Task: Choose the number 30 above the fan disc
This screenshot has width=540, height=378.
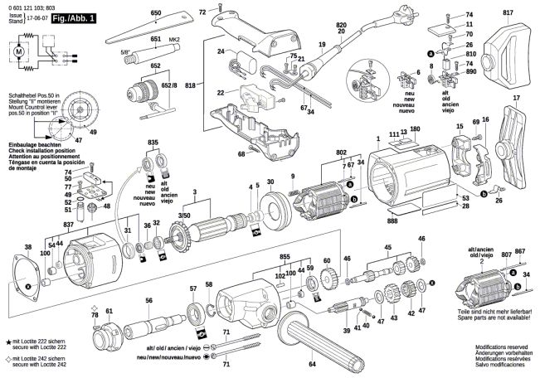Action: pos(270,182)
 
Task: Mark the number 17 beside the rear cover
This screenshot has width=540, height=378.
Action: pos(516,99)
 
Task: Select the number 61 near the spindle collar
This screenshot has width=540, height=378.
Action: pos(109,310)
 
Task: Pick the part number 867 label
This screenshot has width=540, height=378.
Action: pos(520,250)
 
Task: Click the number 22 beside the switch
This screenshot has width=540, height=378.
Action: pos(221,92)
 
